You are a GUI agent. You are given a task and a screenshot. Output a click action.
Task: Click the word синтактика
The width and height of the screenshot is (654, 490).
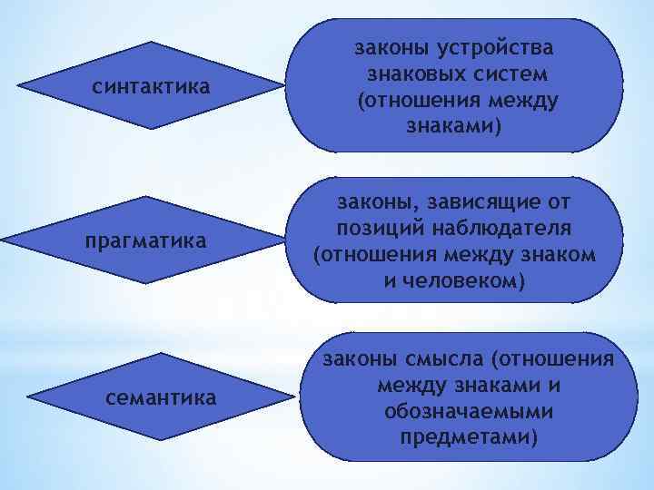(x=152, y=87)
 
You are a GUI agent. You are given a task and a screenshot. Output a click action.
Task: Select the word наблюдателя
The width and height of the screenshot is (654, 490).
(x=508, y=225)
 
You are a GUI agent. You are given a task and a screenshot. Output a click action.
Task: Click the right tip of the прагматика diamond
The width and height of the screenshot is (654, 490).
(x=283, y=241)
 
